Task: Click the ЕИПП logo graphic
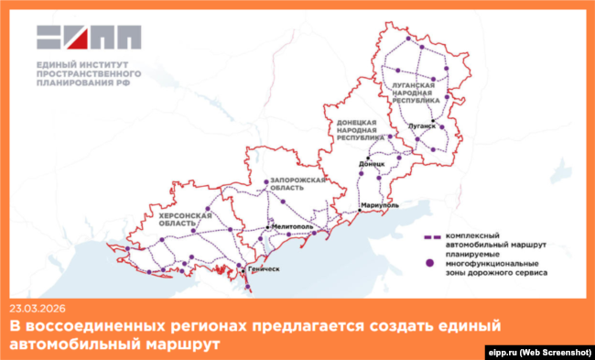[x=89, y=37]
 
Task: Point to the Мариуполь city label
[x=379, y=205]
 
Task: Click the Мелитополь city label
[x=293, y=225]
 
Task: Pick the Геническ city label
[x=263, y=269]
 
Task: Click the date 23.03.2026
[x=38, y=308]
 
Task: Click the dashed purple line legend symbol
[x=428, y=235]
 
